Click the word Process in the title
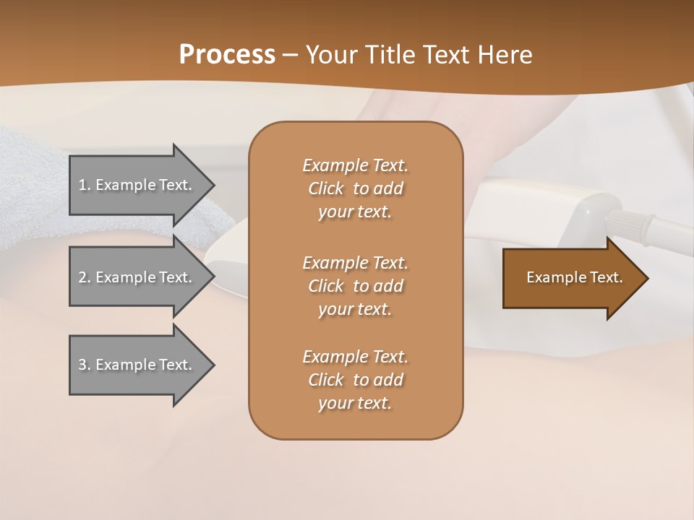tap(227, 54)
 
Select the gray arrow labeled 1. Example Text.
tap(137, 185)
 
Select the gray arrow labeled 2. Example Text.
tap(137, 277)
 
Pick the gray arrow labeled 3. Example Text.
tap(137, 365)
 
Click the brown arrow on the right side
tap(571, 277)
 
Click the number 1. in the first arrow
tap(84, 185)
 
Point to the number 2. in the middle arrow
tap(84, 277)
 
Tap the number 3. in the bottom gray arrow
tap(84, 365)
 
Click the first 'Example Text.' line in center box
tap(355, 165)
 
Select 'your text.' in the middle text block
tap(355, 309)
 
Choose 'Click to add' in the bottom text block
tap(355, 380)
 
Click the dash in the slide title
tap(290, 55)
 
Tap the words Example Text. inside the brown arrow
tap(574, 277)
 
